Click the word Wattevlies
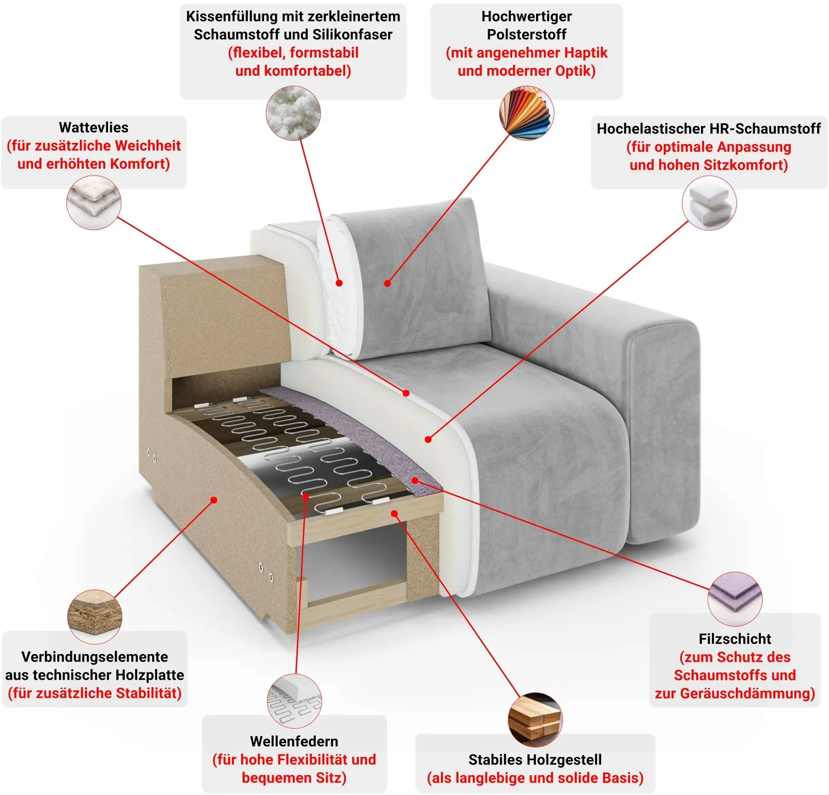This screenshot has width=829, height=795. point(94,128)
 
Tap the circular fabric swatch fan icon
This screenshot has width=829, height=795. point(527,113)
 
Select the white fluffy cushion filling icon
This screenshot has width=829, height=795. point(293,113)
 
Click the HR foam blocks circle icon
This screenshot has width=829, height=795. point(709,203)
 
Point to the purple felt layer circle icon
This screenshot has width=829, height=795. point(735,599)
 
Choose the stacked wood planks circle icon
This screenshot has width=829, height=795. point(535,720)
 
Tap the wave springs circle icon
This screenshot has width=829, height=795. point(294,701)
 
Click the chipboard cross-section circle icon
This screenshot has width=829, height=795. point(94,617)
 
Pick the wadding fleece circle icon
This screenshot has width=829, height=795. point(94,202)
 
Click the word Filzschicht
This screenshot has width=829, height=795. point(735,639)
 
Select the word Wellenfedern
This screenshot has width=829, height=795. point(294,741)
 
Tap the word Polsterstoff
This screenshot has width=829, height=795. point(527,34)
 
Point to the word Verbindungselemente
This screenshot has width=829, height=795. point(94,657)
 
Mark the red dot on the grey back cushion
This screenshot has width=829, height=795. point(387,283)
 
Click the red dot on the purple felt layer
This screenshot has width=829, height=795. point(414,480)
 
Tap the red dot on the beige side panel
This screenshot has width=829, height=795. point(214,500)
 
